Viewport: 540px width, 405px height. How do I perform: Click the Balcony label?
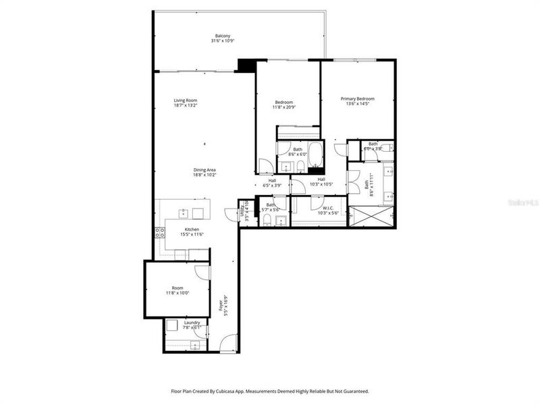point(223,36)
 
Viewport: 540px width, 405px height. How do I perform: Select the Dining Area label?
point(205,169)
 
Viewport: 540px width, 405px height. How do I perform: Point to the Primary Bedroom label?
point(357,99)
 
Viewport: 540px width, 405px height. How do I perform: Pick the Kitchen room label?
point(192,230)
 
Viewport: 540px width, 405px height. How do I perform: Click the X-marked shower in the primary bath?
point(371,217)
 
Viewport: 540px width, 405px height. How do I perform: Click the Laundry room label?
point(192,323)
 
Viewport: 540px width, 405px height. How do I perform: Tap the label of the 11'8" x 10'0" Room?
point(177,288)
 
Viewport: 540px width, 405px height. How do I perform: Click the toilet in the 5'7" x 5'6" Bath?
point(267,220)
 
